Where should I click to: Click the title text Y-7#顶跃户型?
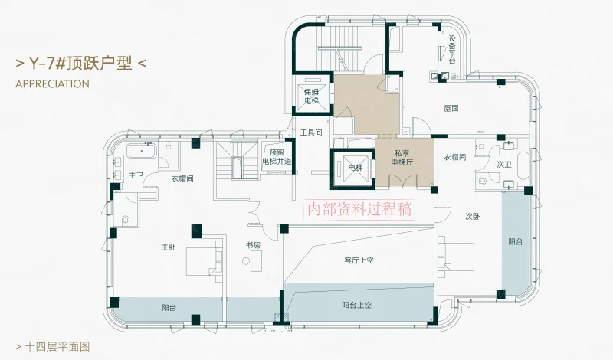coord(81,64)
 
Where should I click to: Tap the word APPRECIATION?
coord(52,84)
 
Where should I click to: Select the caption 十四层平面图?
coord(57,346)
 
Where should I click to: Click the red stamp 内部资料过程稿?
coord(359,209)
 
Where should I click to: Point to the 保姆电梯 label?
coord(312,97)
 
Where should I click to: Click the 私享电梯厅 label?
coord(402,158)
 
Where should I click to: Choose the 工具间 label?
coord(311,133)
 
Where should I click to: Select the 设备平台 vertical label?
coord(452,49)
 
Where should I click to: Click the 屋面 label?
coord(451,108)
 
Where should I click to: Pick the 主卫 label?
coord(136,175)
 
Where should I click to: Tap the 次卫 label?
coord(504,165)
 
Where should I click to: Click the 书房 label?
coord(253,245)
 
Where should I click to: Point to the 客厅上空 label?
coord(359,260)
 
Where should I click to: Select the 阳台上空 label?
coord(356,305)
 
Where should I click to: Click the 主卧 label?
coord(169,247)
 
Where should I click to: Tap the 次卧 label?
coord(473,216)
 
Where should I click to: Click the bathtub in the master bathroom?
coord(142,150)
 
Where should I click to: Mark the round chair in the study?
coord(246,260)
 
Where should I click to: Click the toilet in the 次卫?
coord(482,182)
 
